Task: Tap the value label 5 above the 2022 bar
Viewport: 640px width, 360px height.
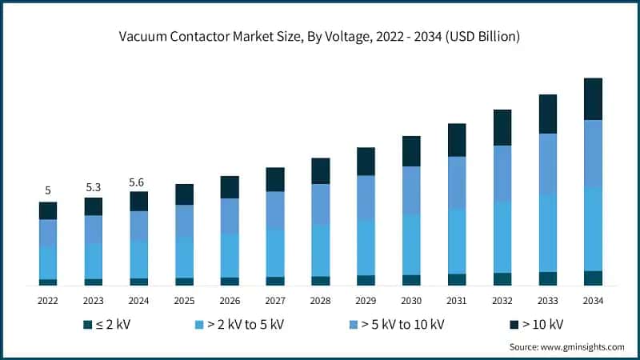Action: pyautogui.click(x=48, y=190)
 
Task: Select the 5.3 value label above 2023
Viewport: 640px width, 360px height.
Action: pyautogui.click(x=94, y=186)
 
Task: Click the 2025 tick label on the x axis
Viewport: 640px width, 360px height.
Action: pyautogui.click(x=184, y=300)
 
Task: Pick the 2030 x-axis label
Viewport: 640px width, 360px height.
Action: pyautogui.click(x=411, y=300)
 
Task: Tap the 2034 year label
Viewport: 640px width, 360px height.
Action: pyautogui.click(x=593, y=300)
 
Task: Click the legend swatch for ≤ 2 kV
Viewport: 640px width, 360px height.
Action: pyautogui.click(x=88, y=324)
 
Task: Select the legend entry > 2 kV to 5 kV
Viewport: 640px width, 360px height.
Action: pyautogui.click(x=239, y=324)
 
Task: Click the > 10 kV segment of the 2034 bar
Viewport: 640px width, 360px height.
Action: pyautogui.click(x=593, y=98)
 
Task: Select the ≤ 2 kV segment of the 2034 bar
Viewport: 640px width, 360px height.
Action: pyautogui.click(x=593, y=278)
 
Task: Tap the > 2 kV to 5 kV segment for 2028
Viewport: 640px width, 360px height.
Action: pyautogui.click(x=321, y=250)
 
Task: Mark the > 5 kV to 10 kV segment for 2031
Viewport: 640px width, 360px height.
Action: pyautogui.click(x=457, y=182)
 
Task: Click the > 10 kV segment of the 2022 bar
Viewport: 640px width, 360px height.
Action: pyautogui.click(x=48, y=210)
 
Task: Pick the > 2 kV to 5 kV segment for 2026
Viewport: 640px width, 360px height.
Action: pyautogui.click(x=230, y=255)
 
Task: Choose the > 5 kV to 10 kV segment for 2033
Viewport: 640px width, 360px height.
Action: pyautogui.click(x=548, y=163)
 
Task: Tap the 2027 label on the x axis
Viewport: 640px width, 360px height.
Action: pyautogui.click(x=275, y=300)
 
